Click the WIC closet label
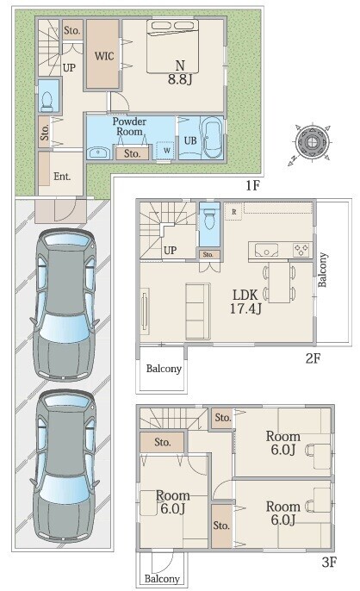click(x=104, y=56)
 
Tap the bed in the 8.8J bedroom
click(x=172, y=46)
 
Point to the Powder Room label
click(x=129, y=127)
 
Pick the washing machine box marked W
click(x=165, y=150)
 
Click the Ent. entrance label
click(x=62, y=176)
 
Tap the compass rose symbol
click(x=312, y=143)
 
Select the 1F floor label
click(x=253, y=185)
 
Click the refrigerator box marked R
click(x=233, y=212)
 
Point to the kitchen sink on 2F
click(x=266, y=250)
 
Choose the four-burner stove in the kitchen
click(x=301, y=250)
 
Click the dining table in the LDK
click(x=280, y=283)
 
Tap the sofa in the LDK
click(x=197, y=311)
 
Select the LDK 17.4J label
click(x=245, y=302)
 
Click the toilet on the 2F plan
click(x=209, y=223)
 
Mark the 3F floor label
click(x=329, y=563)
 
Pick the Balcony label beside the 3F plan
click(x=162, y=579)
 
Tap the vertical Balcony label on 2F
click(x=322, y=270)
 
